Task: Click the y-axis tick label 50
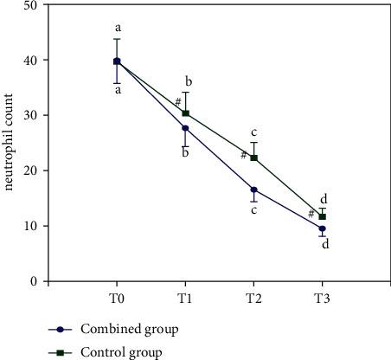tap(31, 6)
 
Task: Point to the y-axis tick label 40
tap(31, 61)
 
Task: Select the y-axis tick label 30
tap(31, 116)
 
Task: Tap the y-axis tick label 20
tap(31, 171)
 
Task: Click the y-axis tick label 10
tap(31, 226)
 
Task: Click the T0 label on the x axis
tap(116, 297)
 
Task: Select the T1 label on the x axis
tap(185, 297)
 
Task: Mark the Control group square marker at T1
tap(185, 113)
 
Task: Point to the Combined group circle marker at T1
tap(185, 128)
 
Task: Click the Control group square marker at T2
tap(253, 157)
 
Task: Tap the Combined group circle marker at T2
tap(253, 190)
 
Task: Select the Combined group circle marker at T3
tap(322, 228)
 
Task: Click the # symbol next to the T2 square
tap(244, 156)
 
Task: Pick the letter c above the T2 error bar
tap(253, 132)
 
